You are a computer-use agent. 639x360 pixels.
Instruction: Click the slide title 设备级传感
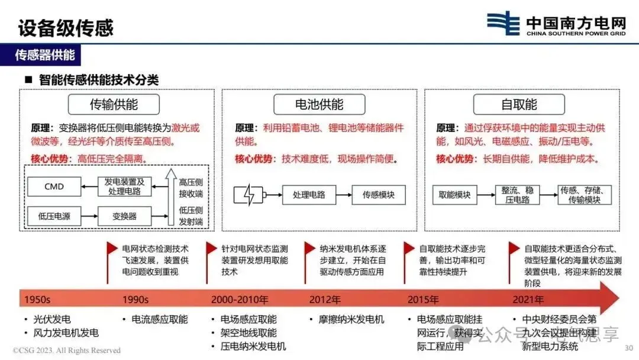tap(65, 27)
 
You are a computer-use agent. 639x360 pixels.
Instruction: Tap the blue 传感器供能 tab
tap(45, 56)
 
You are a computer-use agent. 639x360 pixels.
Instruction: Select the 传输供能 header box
tap(114, 105)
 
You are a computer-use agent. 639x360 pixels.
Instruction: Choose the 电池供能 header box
tap(319, 105)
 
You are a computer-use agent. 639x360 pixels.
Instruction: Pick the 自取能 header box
tap(519, 105)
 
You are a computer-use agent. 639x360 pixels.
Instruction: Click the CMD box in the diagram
tap(54, 187)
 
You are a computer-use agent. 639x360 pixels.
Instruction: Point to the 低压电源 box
tap(54, 216)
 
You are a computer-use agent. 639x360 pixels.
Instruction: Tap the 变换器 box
tap(124, 216)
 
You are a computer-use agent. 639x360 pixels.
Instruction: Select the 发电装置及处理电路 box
tap(124, 187)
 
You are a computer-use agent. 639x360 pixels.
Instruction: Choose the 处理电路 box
tap(308, 195)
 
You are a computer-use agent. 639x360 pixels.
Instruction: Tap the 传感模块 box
tap(378, 195)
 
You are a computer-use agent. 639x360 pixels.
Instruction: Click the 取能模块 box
tap(455, 195)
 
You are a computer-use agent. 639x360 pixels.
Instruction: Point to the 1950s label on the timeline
tap(37, 300)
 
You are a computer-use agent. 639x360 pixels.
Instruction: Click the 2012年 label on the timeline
tap(325, 300)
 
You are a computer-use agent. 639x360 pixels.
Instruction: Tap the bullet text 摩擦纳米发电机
tap(347, 320)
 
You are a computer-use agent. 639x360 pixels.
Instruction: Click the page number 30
tap(628, 348)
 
